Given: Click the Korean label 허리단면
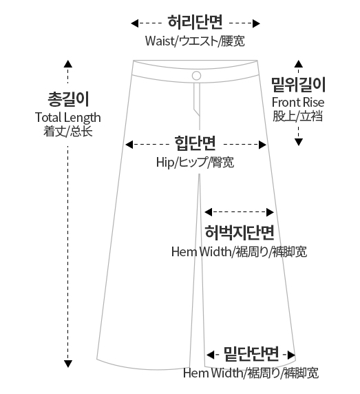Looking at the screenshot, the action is pos(195,21).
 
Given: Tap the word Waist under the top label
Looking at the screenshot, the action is pos(160,41).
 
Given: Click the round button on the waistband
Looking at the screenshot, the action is pos(196,75).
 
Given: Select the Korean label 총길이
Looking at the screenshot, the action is pos(68,99).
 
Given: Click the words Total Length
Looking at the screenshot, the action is pos(67,117).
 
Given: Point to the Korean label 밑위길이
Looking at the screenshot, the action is pos(298,85).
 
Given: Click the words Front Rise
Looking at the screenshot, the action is pos(298,102).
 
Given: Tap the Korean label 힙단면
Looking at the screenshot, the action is pos(195,143).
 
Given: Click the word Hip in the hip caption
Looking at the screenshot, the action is pos(165,163).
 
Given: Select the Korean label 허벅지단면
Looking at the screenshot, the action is pos(240,232).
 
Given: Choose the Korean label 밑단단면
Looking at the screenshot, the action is pos(251,353).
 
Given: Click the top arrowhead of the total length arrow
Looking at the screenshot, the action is pos(67,64).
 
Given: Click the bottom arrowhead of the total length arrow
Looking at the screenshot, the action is pos(67,364).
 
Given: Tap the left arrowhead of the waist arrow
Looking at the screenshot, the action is pos(134,23).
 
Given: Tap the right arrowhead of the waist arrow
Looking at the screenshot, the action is pos(256,23).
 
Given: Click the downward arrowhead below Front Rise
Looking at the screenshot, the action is pos(298,142).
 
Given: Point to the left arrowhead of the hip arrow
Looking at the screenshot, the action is pos(129,145).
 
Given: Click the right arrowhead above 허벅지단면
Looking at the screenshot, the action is pos(270,212).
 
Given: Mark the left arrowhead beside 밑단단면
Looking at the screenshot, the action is pos(211,355).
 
